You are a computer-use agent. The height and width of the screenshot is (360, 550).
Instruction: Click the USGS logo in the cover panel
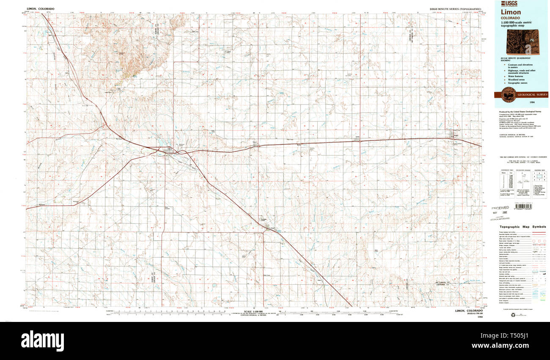(x=509, y=3)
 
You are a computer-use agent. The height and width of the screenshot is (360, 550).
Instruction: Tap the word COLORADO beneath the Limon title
(x=510, y=18)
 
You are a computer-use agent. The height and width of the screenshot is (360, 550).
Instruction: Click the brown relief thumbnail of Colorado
(x=528, y=41)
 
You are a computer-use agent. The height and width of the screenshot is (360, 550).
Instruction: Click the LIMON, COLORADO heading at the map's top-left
(x=41, y=8)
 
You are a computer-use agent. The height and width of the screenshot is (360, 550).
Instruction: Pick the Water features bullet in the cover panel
(x=515, y=75)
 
